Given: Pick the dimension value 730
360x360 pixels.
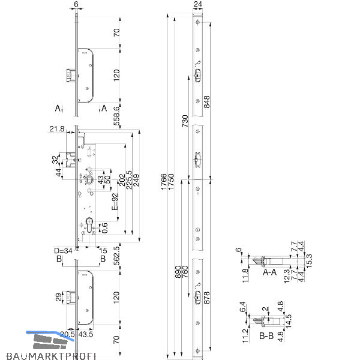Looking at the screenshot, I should pos(185,121).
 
